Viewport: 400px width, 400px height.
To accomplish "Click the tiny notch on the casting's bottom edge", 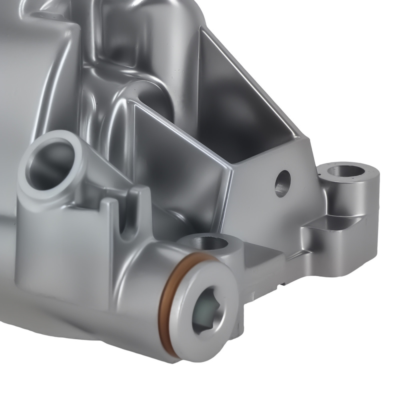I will click(283, 284).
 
